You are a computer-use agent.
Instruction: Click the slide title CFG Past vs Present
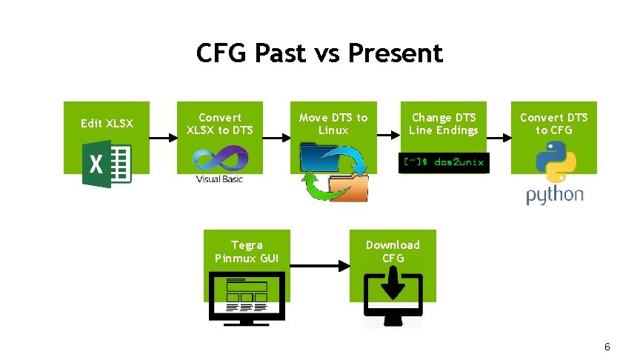pyautogui.click(x=319, y=53)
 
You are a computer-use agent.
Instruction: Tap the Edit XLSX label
pyautogui.click(x=107, y=123)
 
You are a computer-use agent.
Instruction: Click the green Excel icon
pyautogui.click(x=107, y=164)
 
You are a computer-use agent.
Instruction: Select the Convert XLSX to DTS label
pyautogui.click(x=220, y=124)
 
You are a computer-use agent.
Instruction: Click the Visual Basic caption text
pyautogui.click(x=219, y=179)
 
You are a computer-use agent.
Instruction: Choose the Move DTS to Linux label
pyautogui.click(x=333, y=124)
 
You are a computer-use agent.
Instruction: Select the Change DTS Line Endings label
pyautogui.click(x=444, y=124)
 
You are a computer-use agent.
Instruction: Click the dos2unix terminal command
pyautogui.click(x=444, y=162)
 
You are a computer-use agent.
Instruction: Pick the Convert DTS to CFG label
pyautogui.click(x=554, y=124)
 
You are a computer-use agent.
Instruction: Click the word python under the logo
pyautogui.click(x=555, y=195)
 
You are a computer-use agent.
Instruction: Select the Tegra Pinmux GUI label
pyautogui.click(x=247, y=251)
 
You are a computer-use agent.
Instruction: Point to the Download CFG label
pyautogui.click(x=393, y=251)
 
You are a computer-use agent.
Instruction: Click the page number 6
pyautogui.click(x=607, y=347)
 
